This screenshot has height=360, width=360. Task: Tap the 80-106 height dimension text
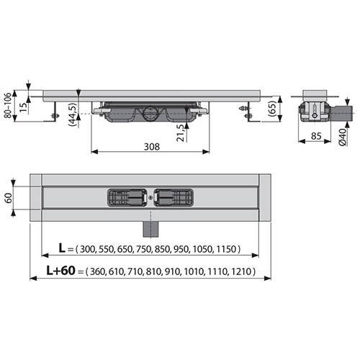9,106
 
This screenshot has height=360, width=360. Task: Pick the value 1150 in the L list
227,249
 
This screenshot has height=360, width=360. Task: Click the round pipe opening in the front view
148,112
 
